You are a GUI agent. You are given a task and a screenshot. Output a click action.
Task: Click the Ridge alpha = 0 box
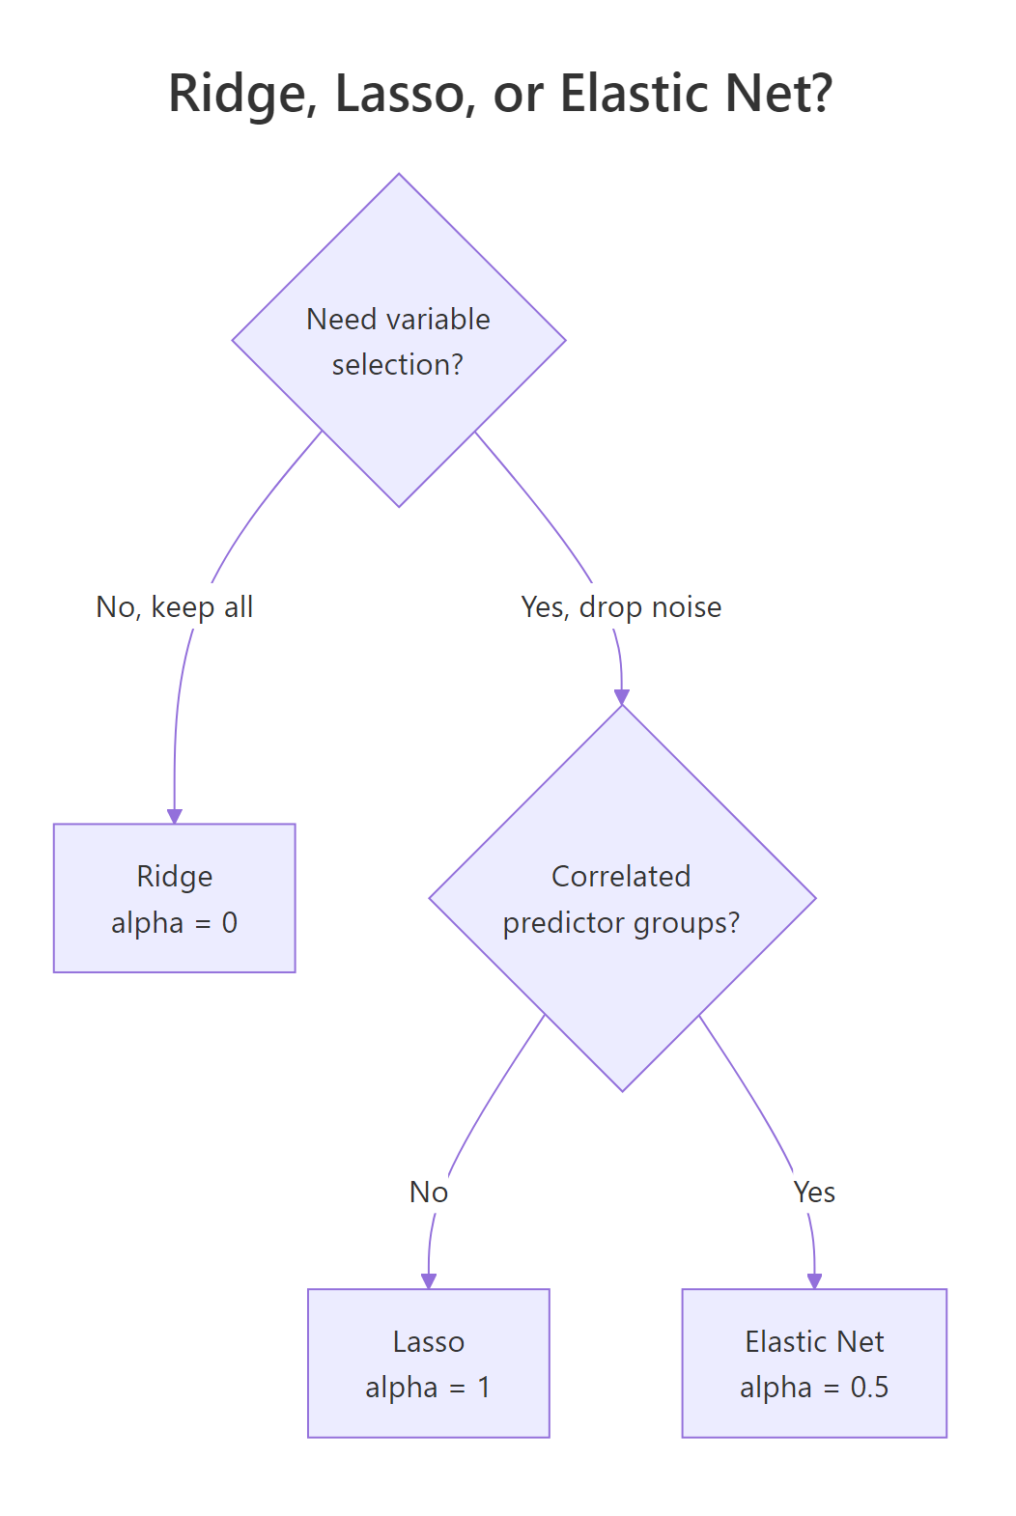[174, 897]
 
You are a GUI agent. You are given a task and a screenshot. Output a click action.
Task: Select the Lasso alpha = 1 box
[428, 1362]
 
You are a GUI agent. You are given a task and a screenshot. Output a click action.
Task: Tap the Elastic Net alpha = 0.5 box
[813, 1362]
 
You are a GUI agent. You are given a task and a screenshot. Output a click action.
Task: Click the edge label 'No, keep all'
[175, 607]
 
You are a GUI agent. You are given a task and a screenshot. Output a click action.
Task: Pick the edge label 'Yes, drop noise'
[621, 607]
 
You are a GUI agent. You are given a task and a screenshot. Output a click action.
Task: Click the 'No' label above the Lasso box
[428, 1193]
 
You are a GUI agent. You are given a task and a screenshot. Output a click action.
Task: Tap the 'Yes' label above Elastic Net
[814, 1193]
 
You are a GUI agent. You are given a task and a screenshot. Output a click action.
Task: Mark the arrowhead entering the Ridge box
[174, 816]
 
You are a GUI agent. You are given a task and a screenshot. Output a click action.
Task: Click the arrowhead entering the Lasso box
[429, 1280]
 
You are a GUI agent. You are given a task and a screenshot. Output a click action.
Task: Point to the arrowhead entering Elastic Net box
[814, 1280]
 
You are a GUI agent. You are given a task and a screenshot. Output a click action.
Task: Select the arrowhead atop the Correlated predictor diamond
[622, 697]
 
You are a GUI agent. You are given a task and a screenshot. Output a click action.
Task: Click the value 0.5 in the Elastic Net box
[869, 1388]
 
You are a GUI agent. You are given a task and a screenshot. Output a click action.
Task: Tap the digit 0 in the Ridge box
[229, 923]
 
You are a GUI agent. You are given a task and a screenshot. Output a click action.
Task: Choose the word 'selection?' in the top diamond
[398, 365]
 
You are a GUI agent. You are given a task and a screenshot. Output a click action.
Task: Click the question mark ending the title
[821, 94]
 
